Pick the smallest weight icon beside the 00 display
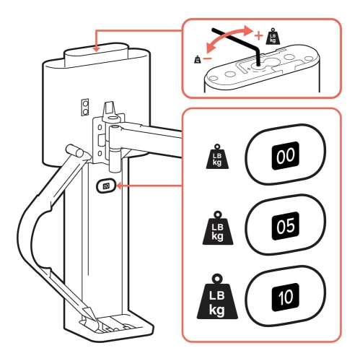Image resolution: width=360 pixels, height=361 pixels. (218, 157)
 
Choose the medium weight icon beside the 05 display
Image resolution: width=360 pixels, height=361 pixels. (218, 228)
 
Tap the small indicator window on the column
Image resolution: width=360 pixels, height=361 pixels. (107, 186)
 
